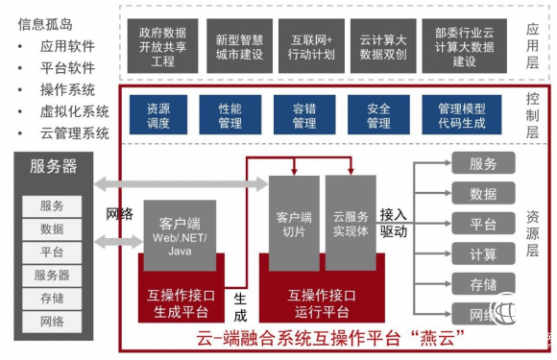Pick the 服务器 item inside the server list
pos(53,275)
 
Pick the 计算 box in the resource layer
pos(483,254)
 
